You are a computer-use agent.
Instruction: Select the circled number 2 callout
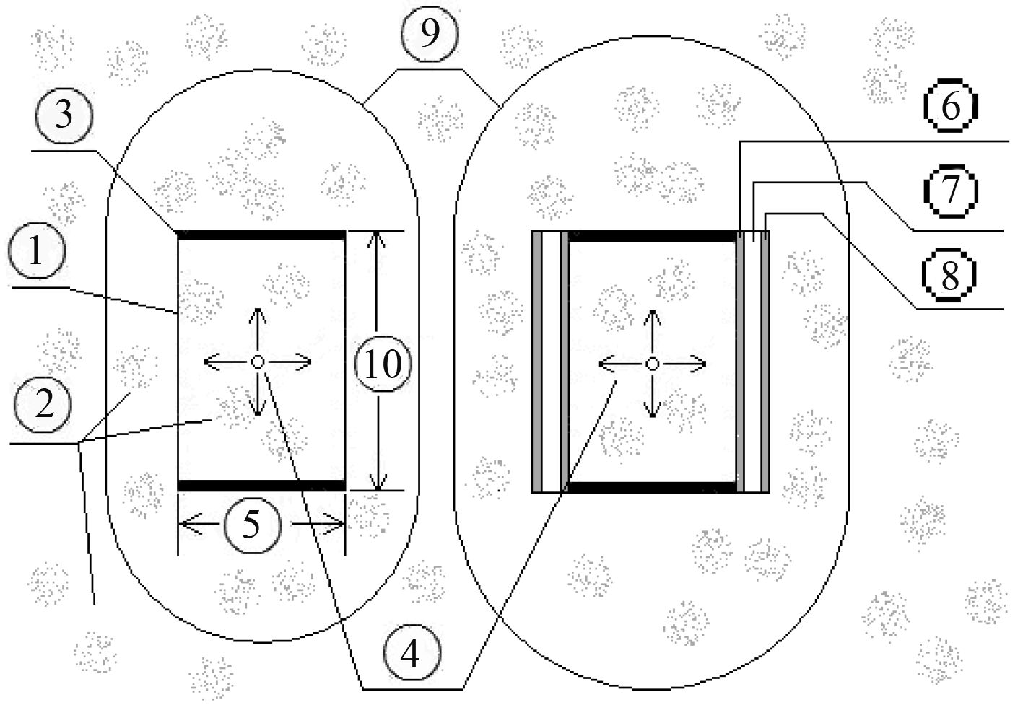point(43,405)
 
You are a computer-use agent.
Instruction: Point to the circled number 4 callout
point(409,655)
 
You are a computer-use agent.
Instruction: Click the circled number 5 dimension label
point(251,525)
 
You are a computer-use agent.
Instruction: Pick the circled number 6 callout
point(950,107)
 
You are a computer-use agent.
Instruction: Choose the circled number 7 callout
point(950,190)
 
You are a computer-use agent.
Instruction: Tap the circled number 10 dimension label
point(383,364)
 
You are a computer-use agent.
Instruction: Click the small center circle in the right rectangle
point(652,364)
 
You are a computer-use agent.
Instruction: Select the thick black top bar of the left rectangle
point(261,234)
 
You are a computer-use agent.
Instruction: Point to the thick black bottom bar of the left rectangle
point(261,485)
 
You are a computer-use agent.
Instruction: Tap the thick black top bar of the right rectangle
point(653,235)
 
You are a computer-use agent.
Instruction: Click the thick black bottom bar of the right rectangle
point(653,487)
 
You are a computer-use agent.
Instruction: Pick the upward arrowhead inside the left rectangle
point(257,315)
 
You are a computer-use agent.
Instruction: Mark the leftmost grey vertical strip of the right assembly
point(536,361)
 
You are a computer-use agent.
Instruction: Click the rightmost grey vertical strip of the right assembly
point(766,361)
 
